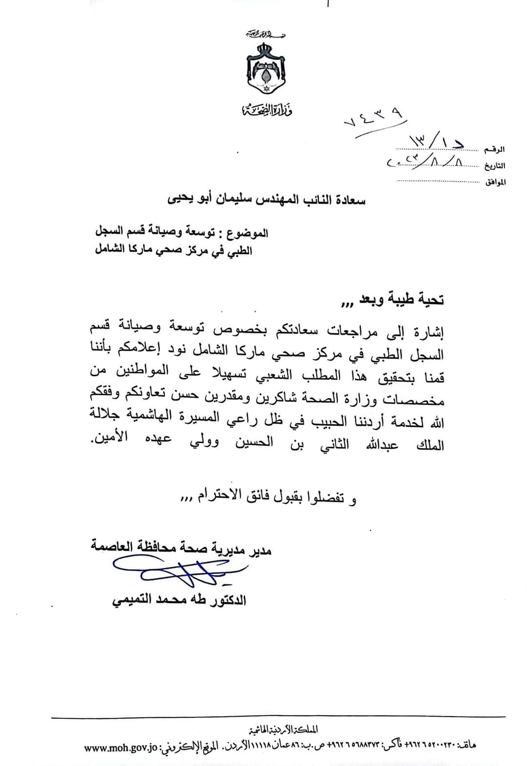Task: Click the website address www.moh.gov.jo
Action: (x=120, y=746)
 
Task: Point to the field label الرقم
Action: (x=494, y=149)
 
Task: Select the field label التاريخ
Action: (x=494, y=166)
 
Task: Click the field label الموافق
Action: (x=494, y=183)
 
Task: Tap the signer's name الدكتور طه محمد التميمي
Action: (x=179, y=600)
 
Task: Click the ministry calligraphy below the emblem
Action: (x=266, y=111)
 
